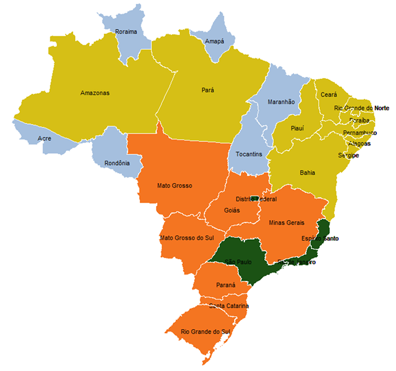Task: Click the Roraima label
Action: [x=126, y=32]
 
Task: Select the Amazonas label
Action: [x=94, y=93]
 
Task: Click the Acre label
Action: [x=44, y=138]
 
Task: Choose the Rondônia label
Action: [x=117, y=163]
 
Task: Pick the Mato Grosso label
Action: [x=175, y=185]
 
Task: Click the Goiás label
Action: [x=232, y=210]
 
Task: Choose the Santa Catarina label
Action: [x=229, y=306]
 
